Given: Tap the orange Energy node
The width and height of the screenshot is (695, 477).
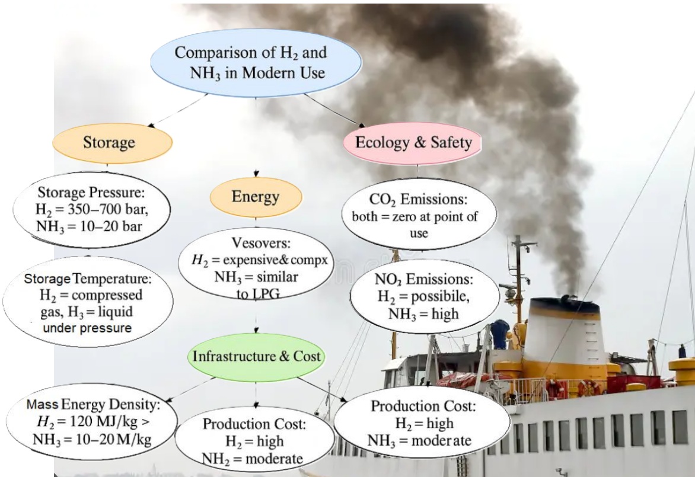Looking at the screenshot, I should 256,197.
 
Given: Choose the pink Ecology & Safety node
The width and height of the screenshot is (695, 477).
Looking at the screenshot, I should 413,142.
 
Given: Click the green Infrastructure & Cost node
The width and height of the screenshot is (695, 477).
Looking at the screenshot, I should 256,356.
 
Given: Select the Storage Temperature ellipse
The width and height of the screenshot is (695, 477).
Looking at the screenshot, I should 88,302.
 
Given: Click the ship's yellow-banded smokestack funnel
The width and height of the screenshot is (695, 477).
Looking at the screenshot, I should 565,338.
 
